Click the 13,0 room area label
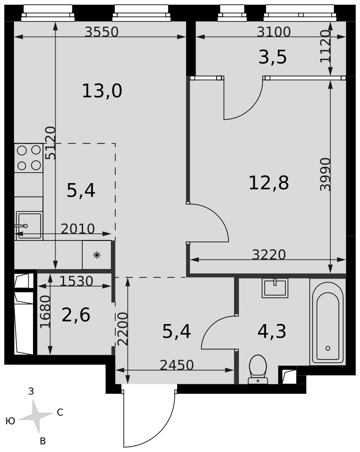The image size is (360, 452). (x=102, y=91)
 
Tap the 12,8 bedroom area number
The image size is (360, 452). (x=268, y=183)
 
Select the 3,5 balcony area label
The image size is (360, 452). (x=272, y=57)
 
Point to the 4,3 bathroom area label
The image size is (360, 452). (x=271, y=331)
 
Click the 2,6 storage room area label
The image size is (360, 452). (x=76, y=315)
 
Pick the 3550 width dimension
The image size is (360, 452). (x=102, y=32)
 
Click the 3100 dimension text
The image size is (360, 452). (x=274, y=32)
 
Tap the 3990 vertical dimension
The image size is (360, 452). (x=325, y=174)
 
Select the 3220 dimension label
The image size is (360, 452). (x=269, y=254)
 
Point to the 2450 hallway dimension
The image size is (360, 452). (x=177, y=365)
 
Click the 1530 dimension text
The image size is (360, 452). (x=76, y=281)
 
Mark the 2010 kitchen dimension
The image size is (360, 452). (x=78, y=229)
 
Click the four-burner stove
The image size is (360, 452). (x=29, y=158)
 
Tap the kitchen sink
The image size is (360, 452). (x=29, y=226)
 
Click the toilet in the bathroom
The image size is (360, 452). (x=258, y=369)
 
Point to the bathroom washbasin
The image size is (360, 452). (x=275, y=287)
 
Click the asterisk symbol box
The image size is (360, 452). (x=97, y=255)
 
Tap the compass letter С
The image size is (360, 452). (x=60, y=413)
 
